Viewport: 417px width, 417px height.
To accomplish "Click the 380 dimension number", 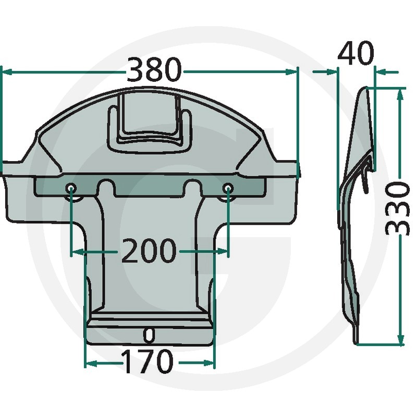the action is tap(154, 70).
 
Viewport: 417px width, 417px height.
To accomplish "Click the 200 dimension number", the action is tap(149, 250).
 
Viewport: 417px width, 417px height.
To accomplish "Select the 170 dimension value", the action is tap(148, 361).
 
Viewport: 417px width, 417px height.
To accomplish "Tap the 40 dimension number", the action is tap(355, 54).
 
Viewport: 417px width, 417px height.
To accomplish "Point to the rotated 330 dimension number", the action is tap(397, 209).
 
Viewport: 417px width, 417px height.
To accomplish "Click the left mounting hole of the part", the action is tap(71, 189).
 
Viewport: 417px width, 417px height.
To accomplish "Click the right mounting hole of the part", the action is tap(228, 189).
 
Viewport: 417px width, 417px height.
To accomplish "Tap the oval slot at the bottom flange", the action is tap(149, 335).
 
